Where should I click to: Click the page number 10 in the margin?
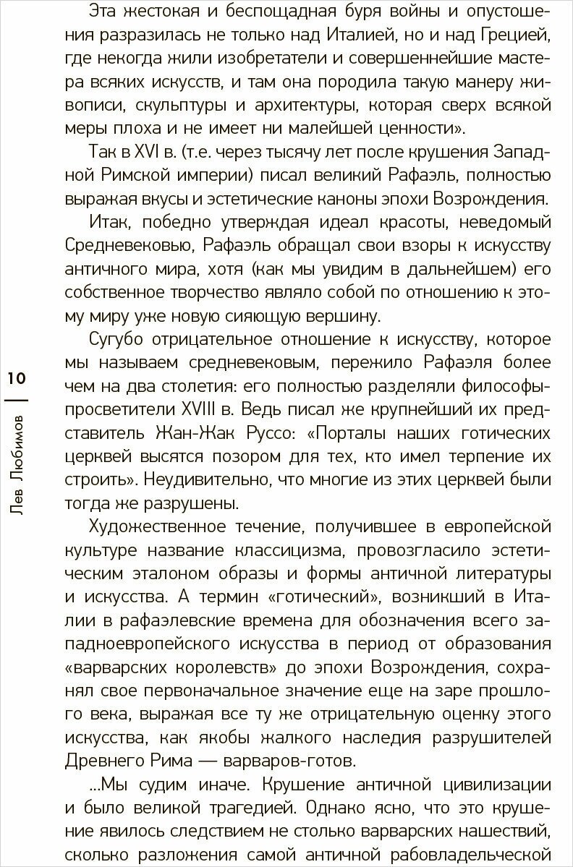tap(17, 378)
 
